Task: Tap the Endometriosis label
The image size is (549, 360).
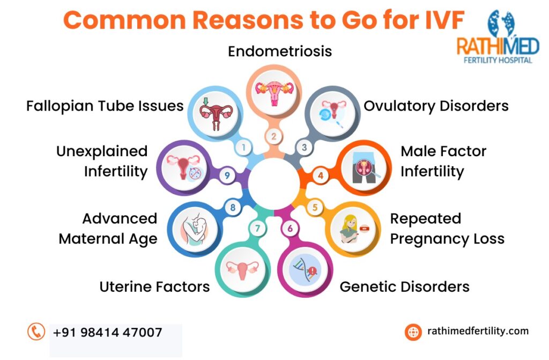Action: [280, 52]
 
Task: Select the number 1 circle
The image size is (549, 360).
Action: [243, 147]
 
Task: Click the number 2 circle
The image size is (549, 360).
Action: [274, 136]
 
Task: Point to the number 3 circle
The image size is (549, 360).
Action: [305, 147]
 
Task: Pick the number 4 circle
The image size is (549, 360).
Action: [321, 175]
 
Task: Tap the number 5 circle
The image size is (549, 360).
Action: [315, 207]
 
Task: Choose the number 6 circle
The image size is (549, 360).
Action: [290, 229]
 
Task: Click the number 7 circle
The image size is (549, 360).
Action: [258, 229]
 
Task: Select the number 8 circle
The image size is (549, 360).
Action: [233, 207]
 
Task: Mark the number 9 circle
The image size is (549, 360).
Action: [227, 175]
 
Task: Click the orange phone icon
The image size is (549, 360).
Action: [36, 332]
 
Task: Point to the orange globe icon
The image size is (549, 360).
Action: [413, 332]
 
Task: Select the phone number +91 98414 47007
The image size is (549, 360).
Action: [107, 332]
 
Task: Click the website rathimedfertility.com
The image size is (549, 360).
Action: [478, 331]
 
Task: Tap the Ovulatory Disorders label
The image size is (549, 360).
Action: [436, 106]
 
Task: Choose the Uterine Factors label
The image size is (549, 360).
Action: [155, 286]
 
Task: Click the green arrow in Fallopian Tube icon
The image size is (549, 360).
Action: [205, 101]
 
